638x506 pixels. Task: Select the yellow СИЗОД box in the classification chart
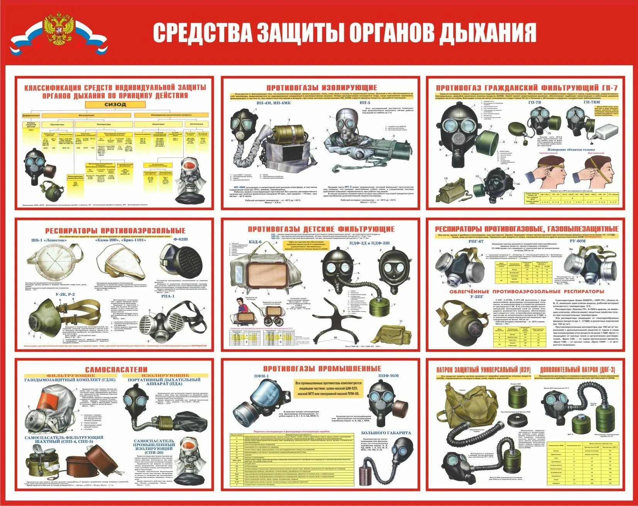(x=115, y=104)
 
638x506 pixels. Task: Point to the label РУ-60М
(x=577, y=241)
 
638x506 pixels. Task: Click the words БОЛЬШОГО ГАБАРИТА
(x=386, y=433)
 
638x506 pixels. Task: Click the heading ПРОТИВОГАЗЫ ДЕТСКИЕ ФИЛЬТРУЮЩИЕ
(x=321, y=229)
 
